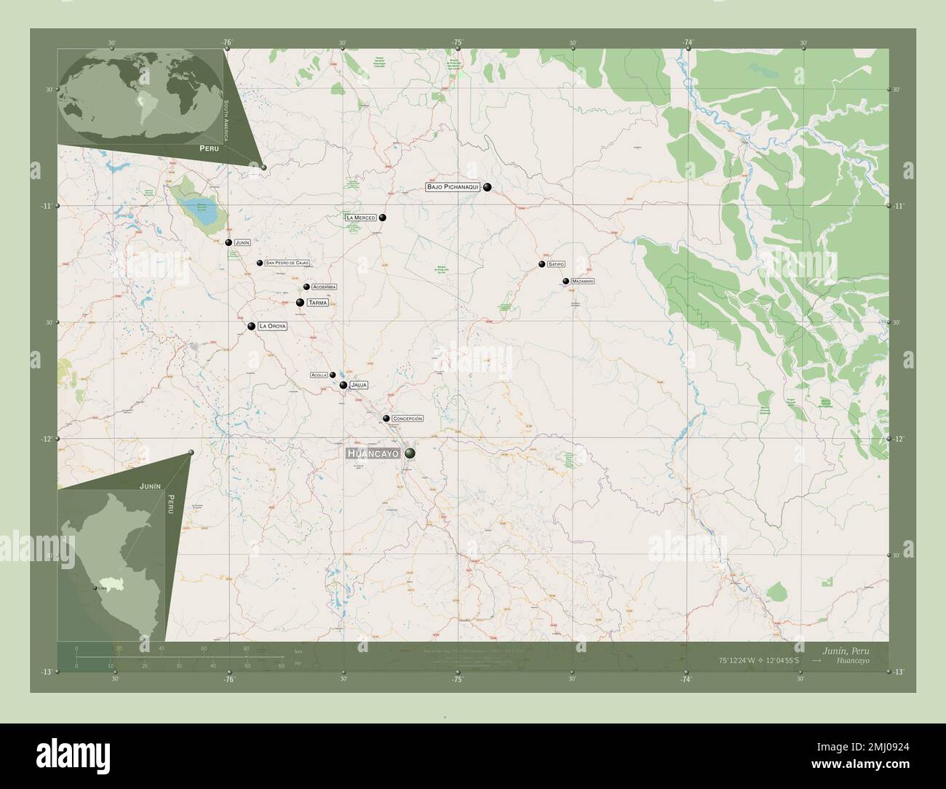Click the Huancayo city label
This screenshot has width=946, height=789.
coord(374,453)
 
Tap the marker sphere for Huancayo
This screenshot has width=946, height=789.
coord(410,453)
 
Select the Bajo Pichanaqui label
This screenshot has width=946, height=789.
coord(453,187)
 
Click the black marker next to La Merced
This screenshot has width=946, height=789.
coord(383,218)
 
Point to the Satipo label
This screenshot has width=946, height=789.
coord(557,264)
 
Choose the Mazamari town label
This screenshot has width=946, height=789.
coord(584,281)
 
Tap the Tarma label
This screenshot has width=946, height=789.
coord(318,302)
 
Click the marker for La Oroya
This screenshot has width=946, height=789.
coord(252,326)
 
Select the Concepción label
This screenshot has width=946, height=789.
coord(407,419)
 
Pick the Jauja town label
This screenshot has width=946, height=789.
coord(358,384)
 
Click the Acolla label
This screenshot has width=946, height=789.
coord(319,375)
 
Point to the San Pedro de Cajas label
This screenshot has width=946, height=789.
coord(287,263)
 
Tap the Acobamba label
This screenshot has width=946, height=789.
coord(324,287)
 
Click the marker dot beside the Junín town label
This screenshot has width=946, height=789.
coord(228,242)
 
